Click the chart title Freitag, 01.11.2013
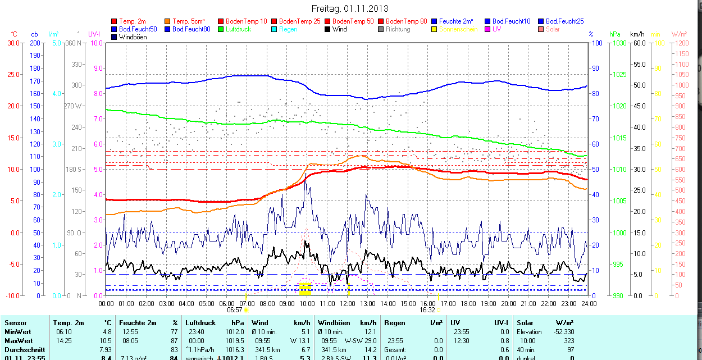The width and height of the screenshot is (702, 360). point(350,9)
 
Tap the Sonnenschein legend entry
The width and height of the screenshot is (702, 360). point(458,29)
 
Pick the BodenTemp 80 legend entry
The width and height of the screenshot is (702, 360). point(406,21)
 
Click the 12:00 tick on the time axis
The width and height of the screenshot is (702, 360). point(347,303)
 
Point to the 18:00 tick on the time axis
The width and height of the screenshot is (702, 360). point(468,303)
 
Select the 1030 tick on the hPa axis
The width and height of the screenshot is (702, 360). point(619,43)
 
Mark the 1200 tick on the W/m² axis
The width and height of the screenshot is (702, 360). point(681,43)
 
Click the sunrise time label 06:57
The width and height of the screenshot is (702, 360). point(234,309)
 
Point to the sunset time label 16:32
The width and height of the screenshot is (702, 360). point(427,309)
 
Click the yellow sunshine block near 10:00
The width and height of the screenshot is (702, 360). point(305,289)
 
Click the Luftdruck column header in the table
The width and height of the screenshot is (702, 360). point(200,323)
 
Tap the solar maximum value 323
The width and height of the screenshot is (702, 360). point(569,341)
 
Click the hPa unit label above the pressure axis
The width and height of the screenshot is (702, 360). point(616,34)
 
